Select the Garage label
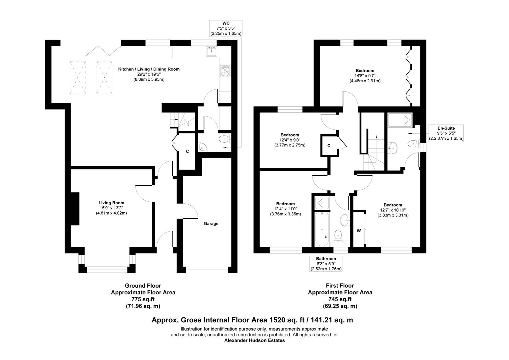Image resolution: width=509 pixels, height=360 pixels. (211, 224)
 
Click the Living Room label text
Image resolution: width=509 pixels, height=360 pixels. (111, 203)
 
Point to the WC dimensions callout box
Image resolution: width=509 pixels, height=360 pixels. (226, 28)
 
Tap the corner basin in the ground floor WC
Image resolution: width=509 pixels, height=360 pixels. (202, 146)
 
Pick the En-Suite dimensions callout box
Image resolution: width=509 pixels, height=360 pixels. (446, 133)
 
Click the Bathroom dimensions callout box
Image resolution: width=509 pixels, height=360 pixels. (326, 264)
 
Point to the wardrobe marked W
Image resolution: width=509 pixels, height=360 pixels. (359, 230)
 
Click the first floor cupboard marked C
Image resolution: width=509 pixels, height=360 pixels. (328, 146)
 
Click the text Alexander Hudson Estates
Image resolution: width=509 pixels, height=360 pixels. (254, 341)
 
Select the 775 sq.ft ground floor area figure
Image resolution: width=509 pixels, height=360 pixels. (143, 299)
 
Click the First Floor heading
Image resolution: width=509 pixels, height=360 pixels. (340, 286)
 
